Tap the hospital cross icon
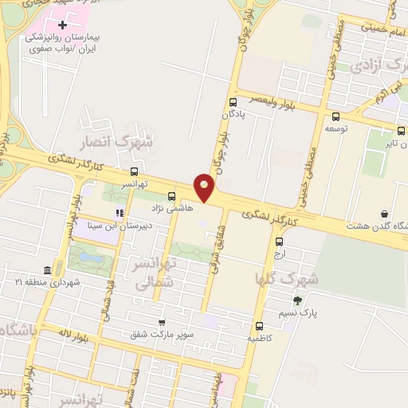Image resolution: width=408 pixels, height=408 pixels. tap(62, 25)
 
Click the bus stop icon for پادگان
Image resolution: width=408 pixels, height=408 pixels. tap(233, 102)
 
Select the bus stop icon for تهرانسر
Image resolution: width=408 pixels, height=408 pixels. tap(133, 171)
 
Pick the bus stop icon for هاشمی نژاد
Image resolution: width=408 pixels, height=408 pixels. tap(171, 195)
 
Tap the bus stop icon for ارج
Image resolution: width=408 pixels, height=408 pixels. tap(279, 241)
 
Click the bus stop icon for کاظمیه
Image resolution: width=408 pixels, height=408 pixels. tap(260, 325)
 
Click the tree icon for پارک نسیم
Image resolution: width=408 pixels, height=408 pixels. tap(297, 300)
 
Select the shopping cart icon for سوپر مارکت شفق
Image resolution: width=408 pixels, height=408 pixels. tap(163, 323)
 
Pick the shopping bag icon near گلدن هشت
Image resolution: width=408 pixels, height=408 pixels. tap(385, 214)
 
